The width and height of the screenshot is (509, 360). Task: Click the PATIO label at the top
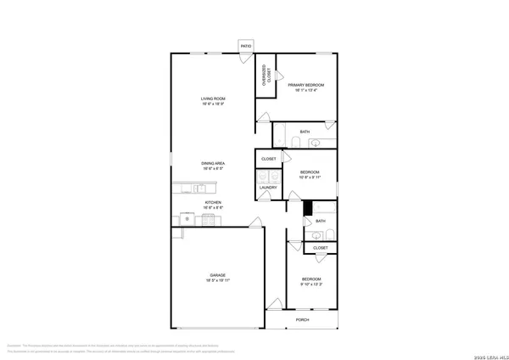246,46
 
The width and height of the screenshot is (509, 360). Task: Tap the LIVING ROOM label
212,99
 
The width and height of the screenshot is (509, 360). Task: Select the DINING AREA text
213,163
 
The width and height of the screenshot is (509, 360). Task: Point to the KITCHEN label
213,203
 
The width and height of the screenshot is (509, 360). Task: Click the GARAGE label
218,275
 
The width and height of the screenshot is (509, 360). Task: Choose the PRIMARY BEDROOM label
305,85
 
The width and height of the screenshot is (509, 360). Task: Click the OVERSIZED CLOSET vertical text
265,76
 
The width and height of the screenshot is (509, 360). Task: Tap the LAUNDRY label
268,188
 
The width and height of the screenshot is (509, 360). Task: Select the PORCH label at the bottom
302,320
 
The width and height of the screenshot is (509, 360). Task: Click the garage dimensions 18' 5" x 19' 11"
218,280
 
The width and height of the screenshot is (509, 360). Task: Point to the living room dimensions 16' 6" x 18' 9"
212,104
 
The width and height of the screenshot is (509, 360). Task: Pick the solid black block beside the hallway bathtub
308,207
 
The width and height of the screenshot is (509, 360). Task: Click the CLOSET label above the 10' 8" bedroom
268,159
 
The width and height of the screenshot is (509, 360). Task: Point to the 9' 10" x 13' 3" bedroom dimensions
312,284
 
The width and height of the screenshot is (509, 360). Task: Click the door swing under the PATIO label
244,57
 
